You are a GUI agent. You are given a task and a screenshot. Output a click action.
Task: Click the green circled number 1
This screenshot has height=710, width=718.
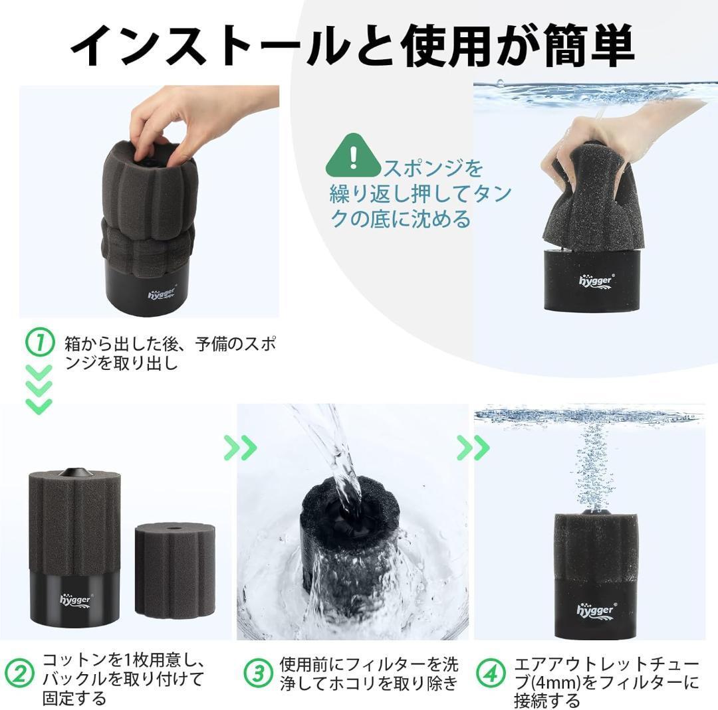point(40,343)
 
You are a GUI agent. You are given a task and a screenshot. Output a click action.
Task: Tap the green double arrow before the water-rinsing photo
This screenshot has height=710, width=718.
point(241,448)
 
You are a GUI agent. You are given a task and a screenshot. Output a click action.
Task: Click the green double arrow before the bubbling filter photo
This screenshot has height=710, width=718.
point(473,448)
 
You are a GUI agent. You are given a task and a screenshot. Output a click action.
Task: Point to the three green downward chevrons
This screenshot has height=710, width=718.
point(39,389)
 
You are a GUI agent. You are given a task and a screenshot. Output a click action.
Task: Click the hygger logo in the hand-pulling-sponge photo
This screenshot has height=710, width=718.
point(162,294)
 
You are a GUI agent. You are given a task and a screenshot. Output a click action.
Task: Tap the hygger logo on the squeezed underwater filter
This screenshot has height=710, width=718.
point(596,281)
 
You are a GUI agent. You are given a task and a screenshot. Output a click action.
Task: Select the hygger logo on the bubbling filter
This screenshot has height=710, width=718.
point(596,610)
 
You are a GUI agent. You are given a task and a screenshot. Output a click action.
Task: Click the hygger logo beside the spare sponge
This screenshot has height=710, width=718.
point(76,600)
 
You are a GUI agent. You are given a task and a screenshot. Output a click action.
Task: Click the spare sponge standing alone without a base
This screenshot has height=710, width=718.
point(175,571)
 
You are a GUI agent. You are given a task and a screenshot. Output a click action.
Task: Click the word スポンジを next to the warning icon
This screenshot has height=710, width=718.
point(433,168)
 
